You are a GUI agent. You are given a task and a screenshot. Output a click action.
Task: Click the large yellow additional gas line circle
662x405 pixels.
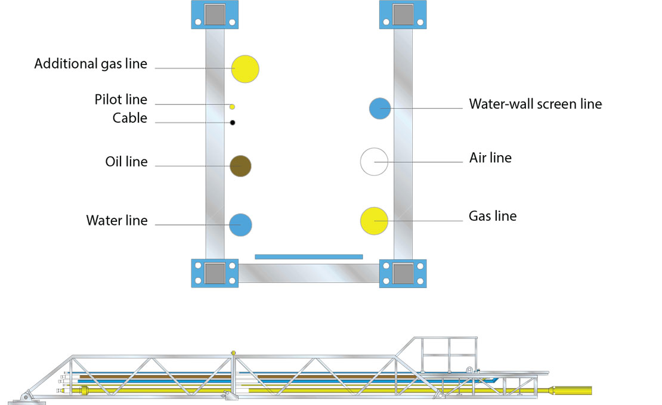tap(245, 69)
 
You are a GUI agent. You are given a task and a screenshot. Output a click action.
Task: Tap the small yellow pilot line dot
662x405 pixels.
tap(232, 107)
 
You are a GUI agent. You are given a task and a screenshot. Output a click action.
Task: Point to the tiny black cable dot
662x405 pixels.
tap(233, 123)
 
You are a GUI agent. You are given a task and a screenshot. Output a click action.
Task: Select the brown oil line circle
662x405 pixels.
tap(241, 165)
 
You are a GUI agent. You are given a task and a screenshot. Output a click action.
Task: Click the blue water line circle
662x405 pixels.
tap(241, 225)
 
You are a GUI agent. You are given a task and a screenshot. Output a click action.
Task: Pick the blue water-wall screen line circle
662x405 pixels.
tap(380, 108)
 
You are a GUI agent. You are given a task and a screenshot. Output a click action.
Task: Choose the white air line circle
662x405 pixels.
tap(375, 162)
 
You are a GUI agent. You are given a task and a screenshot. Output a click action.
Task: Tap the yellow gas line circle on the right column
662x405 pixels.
tap(375, 220)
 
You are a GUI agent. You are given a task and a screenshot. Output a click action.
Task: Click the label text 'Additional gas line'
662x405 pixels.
tap(91, 64)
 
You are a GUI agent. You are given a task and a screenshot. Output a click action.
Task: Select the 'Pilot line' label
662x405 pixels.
tap(120, 100)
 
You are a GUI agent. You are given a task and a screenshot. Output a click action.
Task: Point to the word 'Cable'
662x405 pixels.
tap(129, 118)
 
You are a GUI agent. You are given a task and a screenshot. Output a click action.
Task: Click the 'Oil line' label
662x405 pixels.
tap(126, 162)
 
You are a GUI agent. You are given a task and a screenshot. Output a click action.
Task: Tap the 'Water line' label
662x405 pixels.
tap(116, 221)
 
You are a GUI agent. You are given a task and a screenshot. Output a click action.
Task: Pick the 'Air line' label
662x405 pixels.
tap(490, 158)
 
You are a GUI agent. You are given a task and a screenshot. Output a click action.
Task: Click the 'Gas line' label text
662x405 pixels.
tap(492, 216)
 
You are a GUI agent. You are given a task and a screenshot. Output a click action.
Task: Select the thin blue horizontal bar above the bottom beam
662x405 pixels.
tap(308, 256)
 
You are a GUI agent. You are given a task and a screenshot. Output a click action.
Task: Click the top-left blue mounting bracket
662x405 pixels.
tap(215, 15)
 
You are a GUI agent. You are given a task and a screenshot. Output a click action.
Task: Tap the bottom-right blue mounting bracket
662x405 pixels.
tap(403, 273)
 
